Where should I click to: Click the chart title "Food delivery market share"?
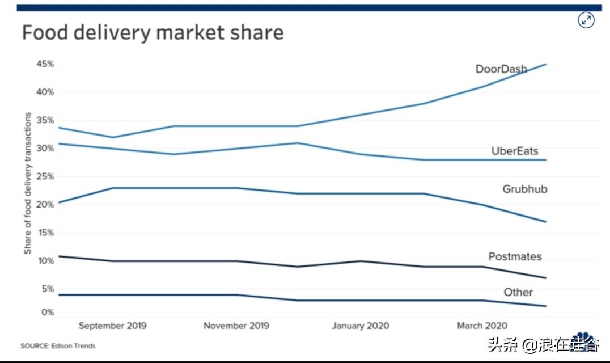pyautogui.click(x=152, y=32)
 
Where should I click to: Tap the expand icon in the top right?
pyautogui.click(x=586, y=21)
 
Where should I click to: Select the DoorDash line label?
pyautogui.click(x=501, y=69)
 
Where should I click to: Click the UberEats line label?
pyautogui.click(x=514, y=151)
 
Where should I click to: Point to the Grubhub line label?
pyautogui.click(x=524, y=189)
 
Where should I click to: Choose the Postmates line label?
pyautogui.click(x=515, y=256)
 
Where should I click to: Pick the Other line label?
pyautogui.click(x=518, y=292)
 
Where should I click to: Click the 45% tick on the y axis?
pyautogui.click(x=45, y=64)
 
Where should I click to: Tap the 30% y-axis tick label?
pyautogui.click(x=45, y=149)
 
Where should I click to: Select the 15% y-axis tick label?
pyautogui.click(x=45, y=233)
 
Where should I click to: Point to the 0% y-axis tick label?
pyautogui.click(x=48, y=312)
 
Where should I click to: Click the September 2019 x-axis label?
pyautogui.click(x=112, y=326)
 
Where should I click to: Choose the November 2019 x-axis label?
pyautogui.click(x=236, y=326)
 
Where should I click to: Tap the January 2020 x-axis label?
pyautogui.click(x=361, y=326)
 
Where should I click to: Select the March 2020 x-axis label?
pyautogui.click(x=482, y=326)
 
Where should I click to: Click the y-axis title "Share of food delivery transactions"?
pyautogui.click(x=28, y=183)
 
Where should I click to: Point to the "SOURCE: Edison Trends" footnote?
pyautogui.click(x=58, y=345)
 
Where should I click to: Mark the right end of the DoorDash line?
pyautogui.click(x=545, y=64)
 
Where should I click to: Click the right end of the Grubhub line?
pyautogui.click(x=545, y=222)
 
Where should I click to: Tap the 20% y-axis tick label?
pyautogui.click(x=45, y=204)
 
